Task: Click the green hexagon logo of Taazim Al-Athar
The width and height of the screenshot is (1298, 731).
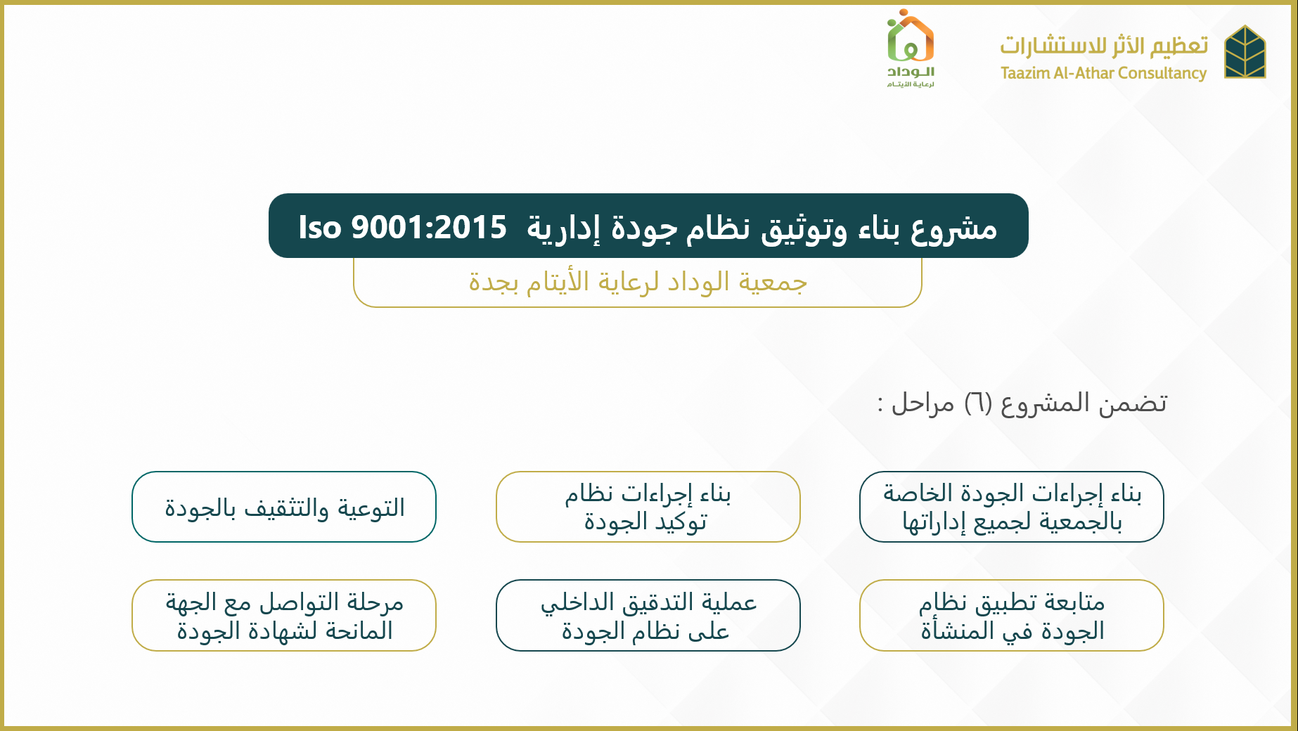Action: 1245,52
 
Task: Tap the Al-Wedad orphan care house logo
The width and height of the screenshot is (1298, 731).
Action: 911,48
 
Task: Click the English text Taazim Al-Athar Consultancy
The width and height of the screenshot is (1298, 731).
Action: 1103,73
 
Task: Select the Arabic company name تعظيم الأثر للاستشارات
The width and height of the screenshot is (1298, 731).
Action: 1104,45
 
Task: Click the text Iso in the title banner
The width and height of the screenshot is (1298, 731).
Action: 320,227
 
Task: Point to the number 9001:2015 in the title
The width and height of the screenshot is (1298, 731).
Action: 429,227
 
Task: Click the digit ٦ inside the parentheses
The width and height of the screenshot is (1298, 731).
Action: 977,403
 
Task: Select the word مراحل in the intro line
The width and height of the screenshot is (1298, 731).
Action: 923,403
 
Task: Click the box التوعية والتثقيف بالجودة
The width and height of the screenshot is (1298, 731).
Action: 284,507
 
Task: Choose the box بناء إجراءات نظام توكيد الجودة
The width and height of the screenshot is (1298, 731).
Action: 648,507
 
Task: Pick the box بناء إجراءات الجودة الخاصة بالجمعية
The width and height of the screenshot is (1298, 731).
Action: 1012,507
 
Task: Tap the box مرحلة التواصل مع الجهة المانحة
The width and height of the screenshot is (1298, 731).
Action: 284,615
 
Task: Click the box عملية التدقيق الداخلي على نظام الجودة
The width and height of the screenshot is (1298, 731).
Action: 648,615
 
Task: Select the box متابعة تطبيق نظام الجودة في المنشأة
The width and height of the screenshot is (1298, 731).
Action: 1012,615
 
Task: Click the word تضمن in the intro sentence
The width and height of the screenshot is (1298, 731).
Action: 1133,403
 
